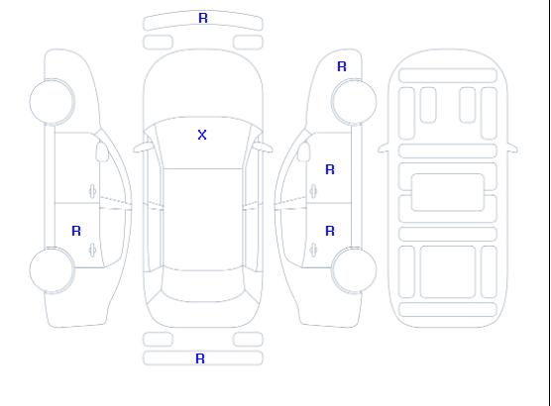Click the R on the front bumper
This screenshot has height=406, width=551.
(x=203, y=18)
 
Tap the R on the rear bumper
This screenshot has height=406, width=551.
(x=200, y=358)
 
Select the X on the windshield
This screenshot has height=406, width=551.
(x=202, y=135)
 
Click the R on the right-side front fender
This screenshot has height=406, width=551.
(x=342, y=66)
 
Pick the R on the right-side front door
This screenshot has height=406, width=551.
(x=330, y=169)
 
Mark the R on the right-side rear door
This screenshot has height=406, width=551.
(x=330, y=231)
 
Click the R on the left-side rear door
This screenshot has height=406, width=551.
(x=76, y=231)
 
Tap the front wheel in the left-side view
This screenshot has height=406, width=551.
(x=52, y=102)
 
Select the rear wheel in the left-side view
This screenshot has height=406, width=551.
(x=52, y=270)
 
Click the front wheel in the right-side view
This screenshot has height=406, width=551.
(x=354, y=102)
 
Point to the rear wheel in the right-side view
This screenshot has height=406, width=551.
(x=354, y=270)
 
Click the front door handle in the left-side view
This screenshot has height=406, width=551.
(x=93, y=191)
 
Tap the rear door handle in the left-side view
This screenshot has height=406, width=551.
(x=93, y=250)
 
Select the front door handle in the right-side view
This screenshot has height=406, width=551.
(x=313, y=191)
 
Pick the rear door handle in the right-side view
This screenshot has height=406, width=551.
(x=313, y=250)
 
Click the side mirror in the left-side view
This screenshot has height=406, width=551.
(x=102, y=152)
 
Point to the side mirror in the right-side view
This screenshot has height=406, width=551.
(x=304, y=152)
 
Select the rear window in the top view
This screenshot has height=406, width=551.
(x=203, y=286)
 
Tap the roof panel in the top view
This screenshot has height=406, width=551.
(x=203, y=220)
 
